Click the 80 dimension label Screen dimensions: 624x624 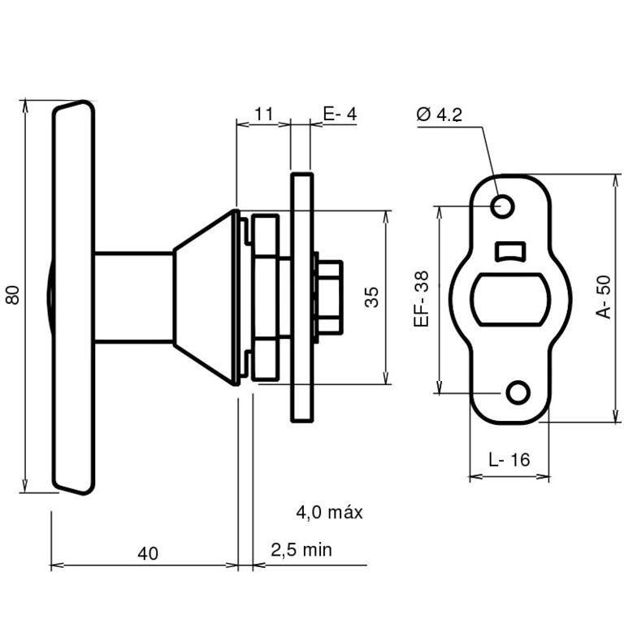(13, 295)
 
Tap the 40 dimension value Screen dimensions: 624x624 (148, 553)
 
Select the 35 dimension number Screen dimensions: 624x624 (371, 297)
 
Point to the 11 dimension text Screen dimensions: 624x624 (263, 115)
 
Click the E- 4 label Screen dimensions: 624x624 (340, 115)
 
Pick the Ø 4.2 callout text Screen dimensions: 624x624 (440, 115)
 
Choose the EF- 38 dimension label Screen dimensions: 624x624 (422, 299)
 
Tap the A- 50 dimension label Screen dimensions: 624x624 (604, 297)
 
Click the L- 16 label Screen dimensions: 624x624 (509, 460)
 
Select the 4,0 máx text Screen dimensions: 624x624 (330, 512)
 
